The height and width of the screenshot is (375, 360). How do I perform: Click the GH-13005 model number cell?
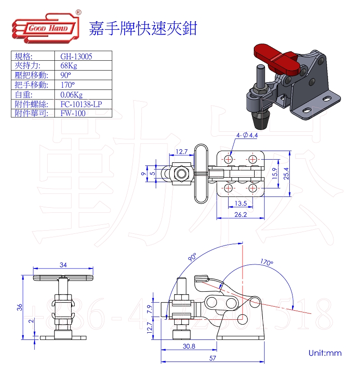[x=76, y=56]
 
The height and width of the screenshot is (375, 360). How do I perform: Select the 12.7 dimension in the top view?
[x=181, y=152]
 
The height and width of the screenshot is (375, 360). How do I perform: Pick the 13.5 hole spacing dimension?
[x=241, y=203]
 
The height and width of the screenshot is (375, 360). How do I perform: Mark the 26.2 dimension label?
[x=241, y=215]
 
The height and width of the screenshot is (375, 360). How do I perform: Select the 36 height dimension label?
[x=19, y=308]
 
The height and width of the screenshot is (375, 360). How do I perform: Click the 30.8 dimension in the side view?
[x=189, y=346]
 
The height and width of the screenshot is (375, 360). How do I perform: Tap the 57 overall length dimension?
[x=211, y=358]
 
